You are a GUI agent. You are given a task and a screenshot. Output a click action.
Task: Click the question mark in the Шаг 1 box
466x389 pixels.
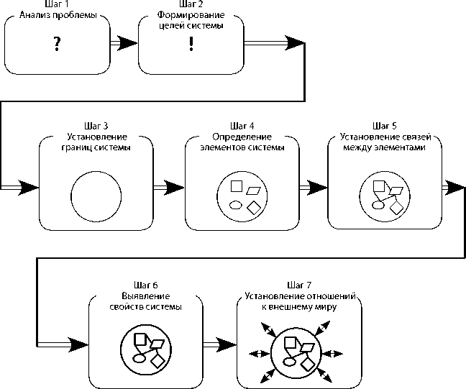point(57,44)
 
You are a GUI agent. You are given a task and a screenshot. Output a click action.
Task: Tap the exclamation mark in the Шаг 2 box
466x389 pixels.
point(191,44)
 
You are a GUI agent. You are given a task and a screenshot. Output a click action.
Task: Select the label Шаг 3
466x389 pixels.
point(96,126)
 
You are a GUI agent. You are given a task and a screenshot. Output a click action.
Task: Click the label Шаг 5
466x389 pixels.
point(384,126)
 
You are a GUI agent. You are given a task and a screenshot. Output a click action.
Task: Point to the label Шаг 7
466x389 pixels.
point(299,285)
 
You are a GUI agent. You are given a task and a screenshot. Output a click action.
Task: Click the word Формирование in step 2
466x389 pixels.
point(191,15)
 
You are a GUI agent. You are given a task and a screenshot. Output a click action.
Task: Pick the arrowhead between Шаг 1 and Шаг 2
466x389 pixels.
point(127,43)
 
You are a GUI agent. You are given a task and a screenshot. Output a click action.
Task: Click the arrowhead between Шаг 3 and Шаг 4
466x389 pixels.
point(174,188)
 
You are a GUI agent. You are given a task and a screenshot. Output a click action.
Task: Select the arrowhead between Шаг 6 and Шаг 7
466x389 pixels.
point(226,344)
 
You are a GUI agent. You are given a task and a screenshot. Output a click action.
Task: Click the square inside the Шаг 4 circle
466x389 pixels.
point(237,186)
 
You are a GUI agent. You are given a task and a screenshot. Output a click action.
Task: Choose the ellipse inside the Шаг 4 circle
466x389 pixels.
point(236,205)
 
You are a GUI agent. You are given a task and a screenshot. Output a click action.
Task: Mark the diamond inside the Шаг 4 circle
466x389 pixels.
point(254,207)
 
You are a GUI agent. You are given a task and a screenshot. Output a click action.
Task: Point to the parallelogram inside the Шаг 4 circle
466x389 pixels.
point(253,191)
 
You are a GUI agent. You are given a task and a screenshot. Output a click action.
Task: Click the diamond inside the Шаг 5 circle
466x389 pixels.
point(396,207)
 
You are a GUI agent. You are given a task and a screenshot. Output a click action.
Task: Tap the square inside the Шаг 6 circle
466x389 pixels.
point(140,339)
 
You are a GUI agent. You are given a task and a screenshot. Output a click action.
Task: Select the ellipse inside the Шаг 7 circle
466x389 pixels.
point(289,362)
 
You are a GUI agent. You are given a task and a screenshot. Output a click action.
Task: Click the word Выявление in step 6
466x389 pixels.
point(146,296)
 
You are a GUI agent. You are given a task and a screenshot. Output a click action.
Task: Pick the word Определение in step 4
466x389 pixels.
point(242,137)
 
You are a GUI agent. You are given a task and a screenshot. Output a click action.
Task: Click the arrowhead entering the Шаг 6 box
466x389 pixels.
point(78,344)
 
